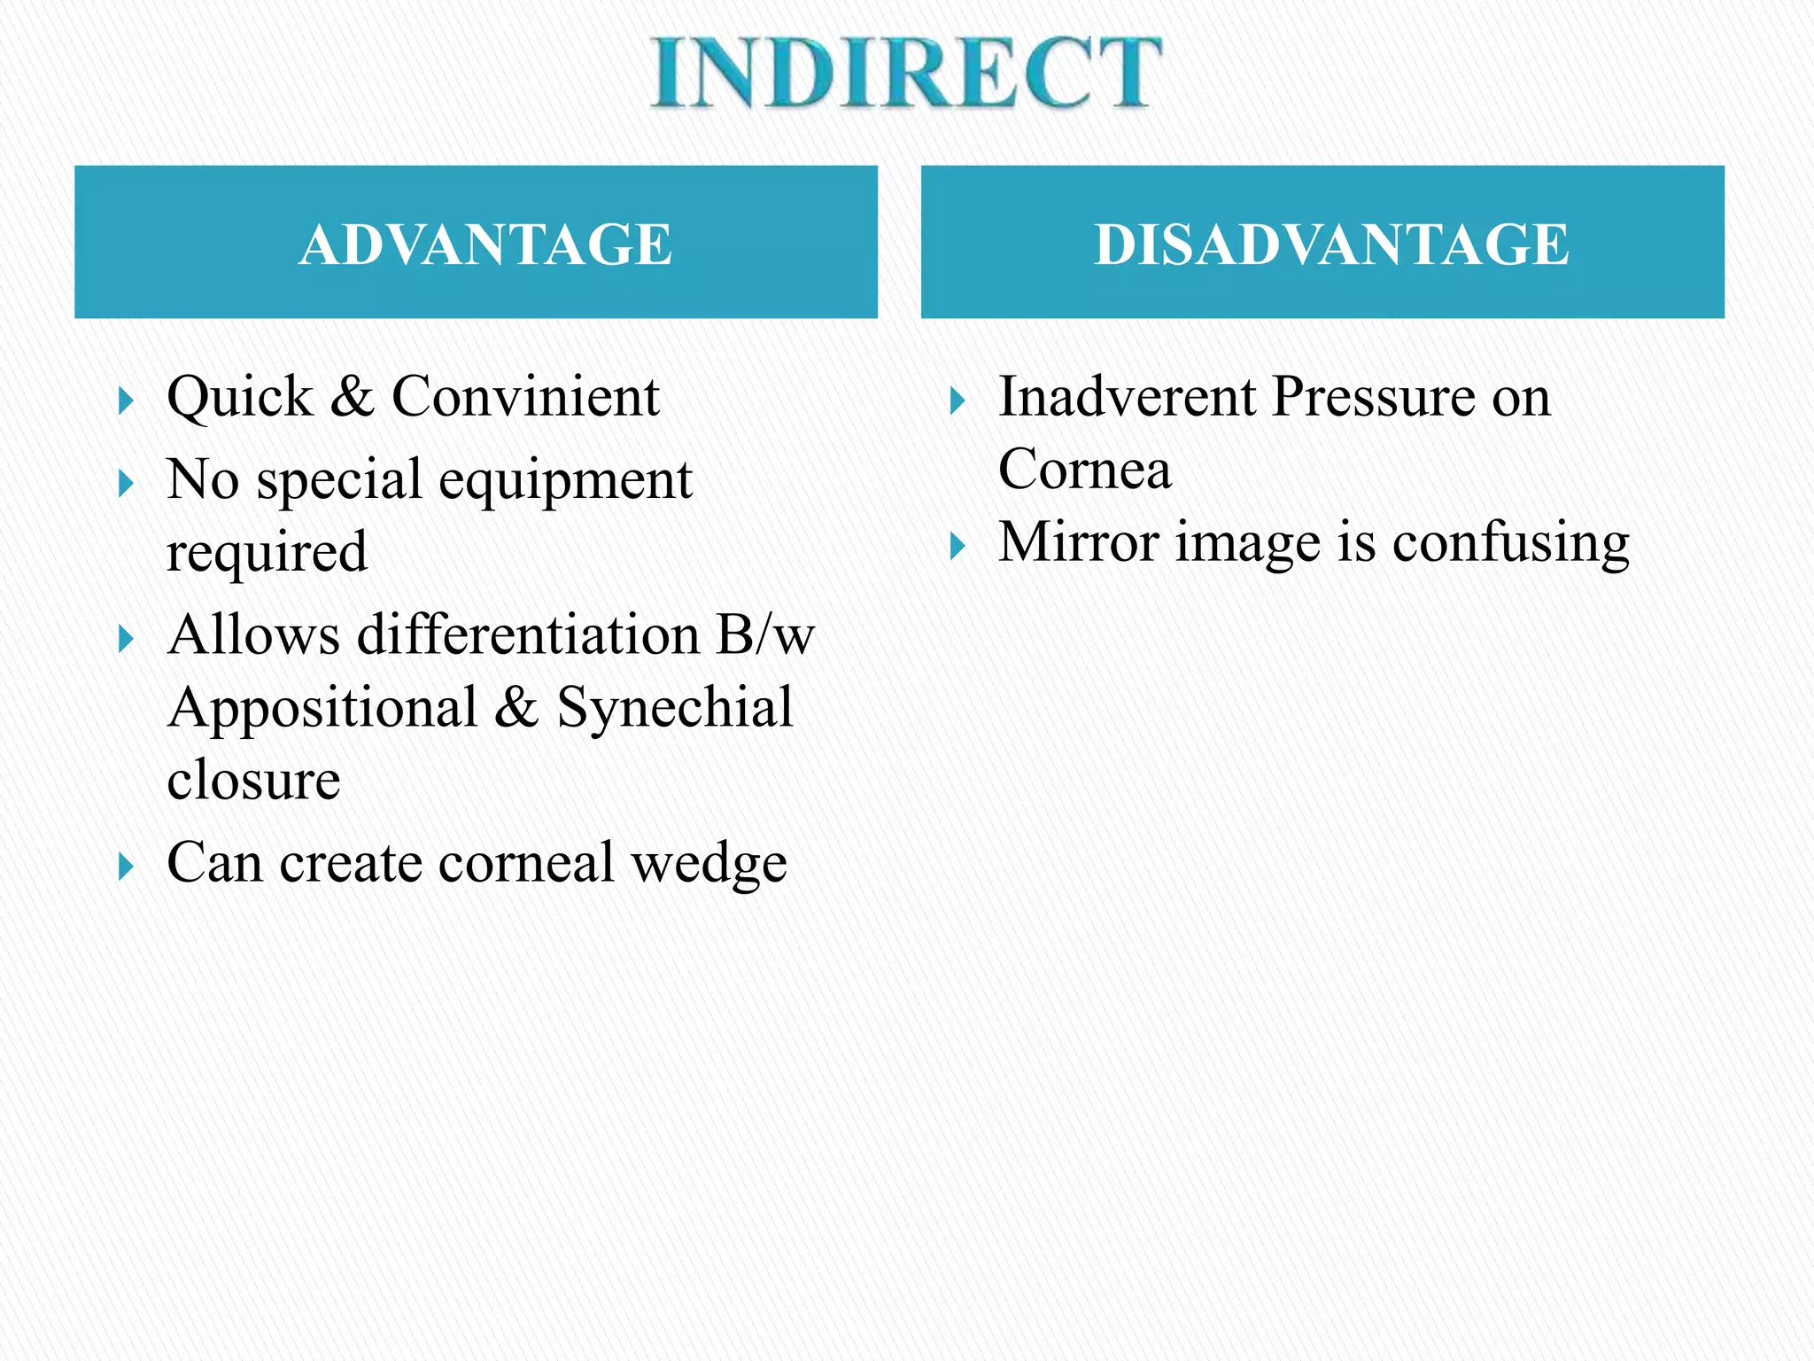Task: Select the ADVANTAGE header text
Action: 485,244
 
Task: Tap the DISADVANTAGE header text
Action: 1331,244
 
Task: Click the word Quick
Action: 239,396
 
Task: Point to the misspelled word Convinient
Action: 525,396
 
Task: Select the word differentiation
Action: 529,635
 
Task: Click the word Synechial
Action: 674,708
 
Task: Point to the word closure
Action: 253,780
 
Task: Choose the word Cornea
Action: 1084,469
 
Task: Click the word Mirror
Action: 1079,541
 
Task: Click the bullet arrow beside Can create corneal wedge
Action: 126,867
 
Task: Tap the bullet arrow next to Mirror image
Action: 957,546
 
